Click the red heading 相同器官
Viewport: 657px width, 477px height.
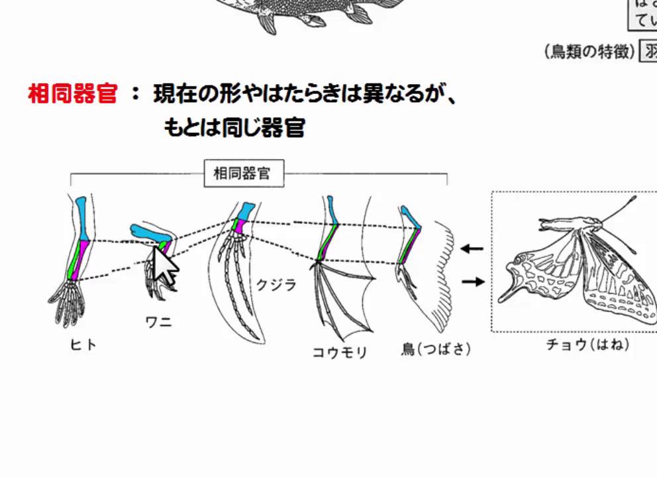pyautogui.click(x=72, y=94)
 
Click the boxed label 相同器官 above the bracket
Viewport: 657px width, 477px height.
pyautogui.click(x=242, y=174)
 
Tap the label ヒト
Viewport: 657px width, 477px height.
pyautogui.click(x=83, y=344)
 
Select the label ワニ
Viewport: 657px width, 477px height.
pyautogui.click(x=159, y=323)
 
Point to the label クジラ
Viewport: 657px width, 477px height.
pyautogui.click(x=276, y=286)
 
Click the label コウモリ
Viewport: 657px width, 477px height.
pyautogui.click(x=340, y=352)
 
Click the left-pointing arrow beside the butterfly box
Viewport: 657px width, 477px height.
pyautogui.click(x=472, y=249)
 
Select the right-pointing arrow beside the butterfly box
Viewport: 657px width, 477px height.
pyautogui.click(x=472, y=282)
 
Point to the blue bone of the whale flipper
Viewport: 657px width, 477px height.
pyautogui.click(x=244, y=212)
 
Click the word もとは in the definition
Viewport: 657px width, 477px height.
pyautogui.click(x=185, y=127)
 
